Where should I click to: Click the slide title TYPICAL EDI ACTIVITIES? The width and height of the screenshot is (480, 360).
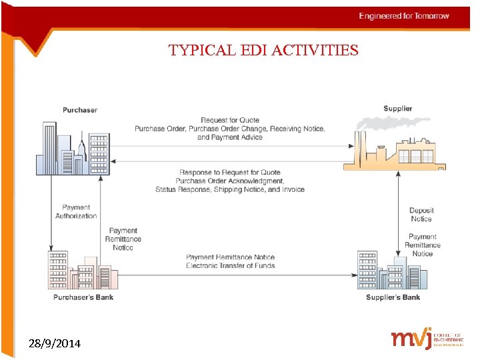tap(263, 51)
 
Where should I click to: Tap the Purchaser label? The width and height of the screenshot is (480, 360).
tap(80, 110)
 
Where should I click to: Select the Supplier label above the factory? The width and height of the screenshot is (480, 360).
tap(397, 109)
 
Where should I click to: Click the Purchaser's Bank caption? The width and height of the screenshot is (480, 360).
tap(83, 297)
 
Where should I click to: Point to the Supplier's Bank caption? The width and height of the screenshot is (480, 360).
tap(393, 297)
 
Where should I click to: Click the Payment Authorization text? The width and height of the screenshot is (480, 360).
tap(76, 212)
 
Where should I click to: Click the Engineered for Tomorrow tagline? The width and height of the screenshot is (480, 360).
tap(404, 16)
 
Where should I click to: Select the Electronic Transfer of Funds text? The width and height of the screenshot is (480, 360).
tap(231, 266)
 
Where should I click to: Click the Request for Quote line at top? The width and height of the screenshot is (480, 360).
tap(231, 120)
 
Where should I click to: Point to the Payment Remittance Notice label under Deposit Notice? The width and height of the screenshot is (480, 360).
tap(422, 245)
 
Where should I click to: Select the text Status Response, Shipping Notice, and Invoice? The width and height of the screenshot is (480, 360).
tap(230, 189)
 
